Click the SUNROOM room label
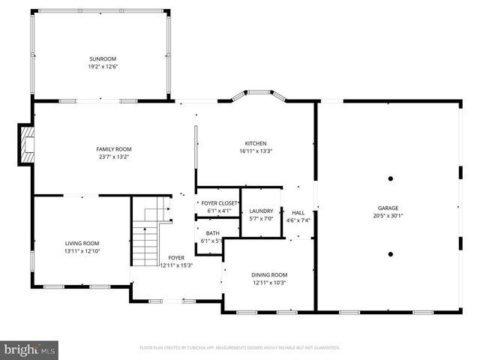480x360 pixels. pos(103,58)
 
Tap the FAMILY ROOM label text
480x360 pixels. pos(113,149)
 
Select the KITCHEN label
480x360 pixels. pos(255,143)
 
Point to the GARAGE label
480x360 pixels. pos(388,208)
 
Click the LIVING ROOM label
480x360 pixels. pos(82,243)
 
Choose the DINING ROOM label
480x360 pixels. pos(268,275)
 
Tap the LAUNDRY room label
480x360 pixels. pos(261,211)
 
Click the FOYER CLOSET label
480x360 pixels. pos(217,203)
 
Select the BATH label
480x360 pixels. pos(213,233)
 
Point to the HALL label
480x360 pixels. pos(298,212)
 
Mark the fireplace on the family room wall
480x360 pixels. pos(28,143)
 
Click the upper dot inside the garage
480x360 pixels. pos(390,178)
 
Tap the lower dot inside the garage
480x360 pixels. pos(390,254)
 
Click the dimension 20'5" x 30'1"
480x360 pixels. pos(388,216)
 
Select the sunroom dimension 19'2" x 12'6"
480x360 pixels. pos(103,67)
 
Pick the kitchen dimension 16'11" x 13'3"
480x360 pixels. pos(255,151)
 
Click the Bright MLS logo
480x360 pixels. pos(30,349)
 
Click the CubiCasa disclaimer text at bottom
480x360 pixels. pos(240,348)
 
